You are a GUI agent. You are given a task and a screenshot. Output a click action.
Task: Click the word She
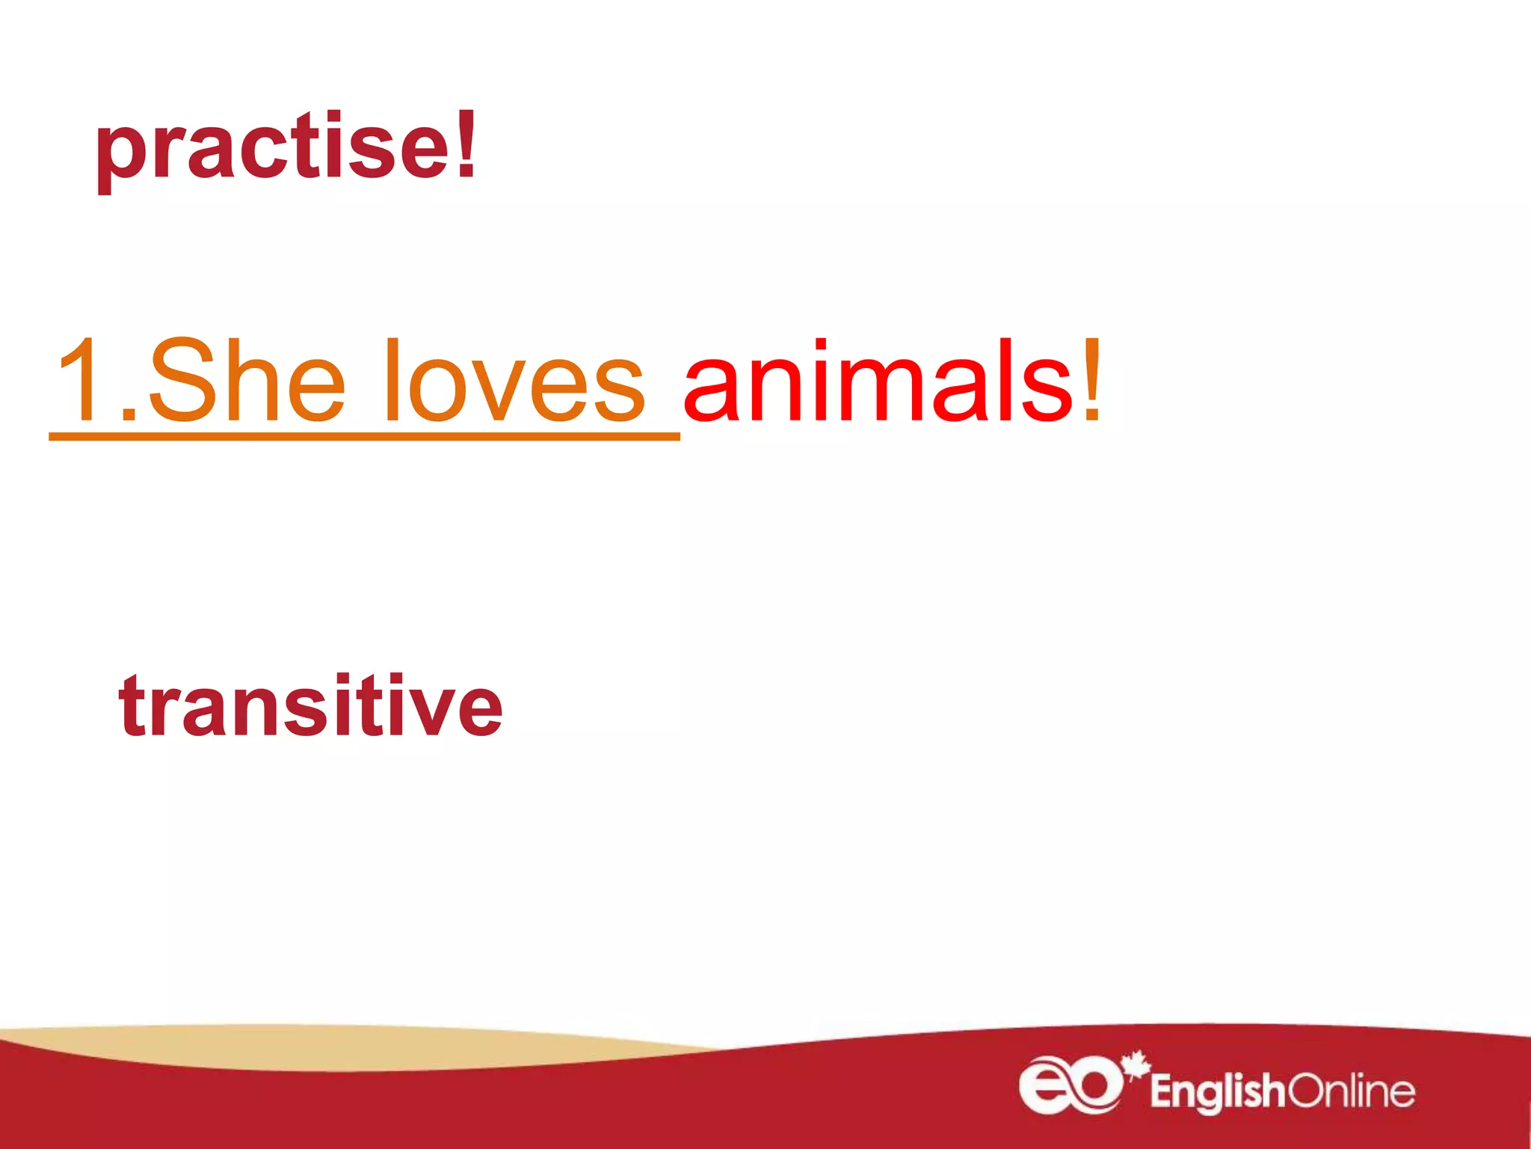pos(247,382)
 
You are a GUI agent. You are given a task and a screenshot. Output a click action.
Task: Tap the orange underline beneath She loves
pos(364,436)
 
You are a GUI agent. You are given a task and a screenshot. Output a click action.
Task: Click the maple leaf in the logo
pos(1136,1064)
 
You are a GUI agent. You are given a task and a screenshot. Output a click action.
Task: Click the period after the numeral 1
pos(129,415)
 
